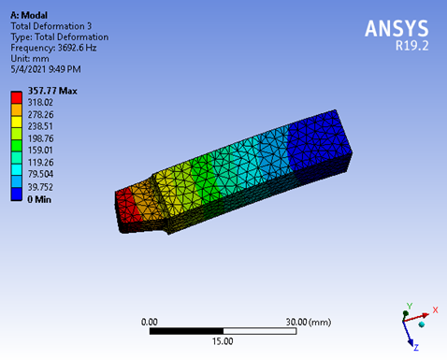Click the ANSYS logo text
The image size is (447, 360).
click(397, 29)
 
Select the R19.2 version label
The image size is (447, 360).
click(412, 46)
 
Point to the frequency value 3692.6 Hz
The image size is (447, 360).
click(77, 48)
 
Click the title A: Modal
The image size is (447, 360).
click(29, 15)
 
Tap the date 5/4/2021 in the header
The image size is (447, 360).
click(28, 69)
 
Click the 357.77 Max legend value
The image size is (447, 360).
click(52, 91)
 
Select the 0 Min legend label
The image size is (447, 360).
click(39, 199)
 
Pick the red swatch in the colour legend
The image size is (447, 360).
click(16, 97)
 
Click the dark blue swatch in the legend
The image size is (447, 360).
click(16, 194)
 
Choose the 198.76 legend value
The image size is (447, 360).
click(40, 138)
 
